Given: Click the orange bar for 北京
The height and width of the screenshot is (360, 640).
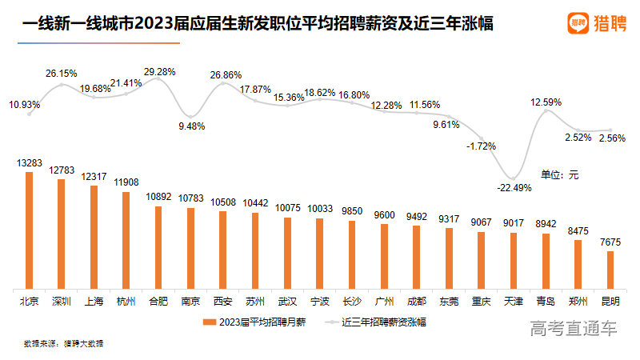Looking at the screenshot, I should point(30,230).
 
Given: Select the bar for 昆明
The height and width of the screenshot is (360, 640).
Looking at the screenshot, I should point(610,269).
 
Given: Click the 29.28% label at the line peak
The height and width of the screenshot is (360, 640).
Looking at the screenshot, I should point(159,72).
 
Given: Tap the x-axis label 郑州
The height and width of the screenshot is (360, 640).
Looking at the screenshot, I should point(578,302).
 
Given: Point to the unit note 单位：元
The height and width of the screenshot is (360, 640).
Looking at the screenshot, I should point(559,174).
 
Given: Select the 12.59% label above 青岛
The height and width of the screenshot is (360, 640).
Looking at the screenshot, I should point(546,102).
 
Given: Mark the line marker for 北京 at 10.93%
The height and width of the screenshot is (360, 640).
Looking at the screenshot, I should point(30,114).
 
